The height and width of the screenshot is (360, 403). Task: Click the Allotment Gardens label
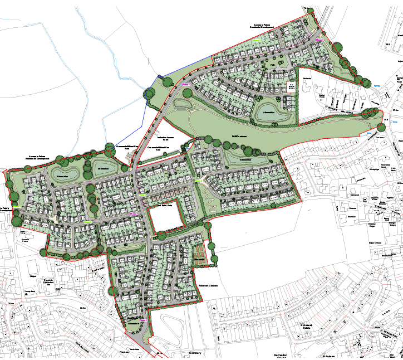click(x=208, y=285)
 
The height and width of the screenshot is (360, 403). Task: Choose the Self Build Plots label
click(x=166, y=206)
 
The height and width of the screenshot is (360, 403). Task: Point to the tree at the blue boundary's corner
click(x=149, y=94)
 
